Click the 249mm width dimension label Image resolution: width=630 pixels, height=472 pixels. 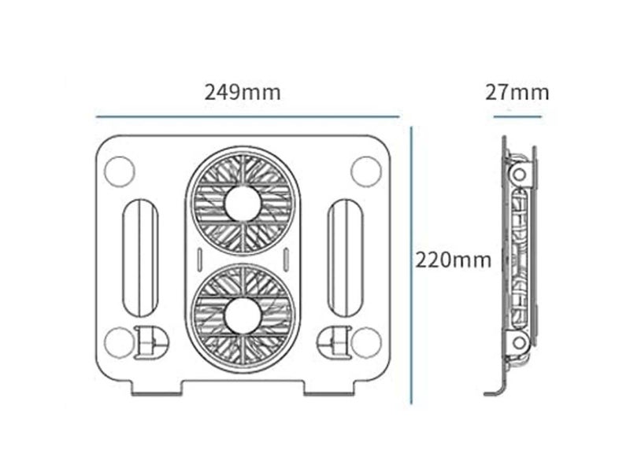243,92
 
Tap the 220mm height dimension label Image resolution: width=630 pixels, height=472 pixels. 454,259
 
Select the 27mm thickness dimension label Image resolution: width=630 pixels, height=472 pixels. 517,92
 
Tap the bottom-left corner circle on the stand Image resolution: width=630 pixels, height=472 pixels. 119,342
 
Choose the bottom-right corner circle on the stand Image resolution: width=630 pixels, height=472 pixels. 365,342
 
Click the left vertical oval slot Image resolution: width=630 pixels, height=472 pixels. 142,257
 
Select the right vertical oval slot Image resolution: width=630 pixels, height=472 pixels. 343,257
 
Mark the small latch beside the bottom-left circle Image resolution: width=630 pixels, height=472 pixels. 150,342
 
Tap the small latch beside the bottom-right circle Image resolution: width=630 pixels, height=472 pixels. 333,342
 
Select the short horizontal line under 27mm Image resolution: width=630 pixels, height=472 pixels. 517,116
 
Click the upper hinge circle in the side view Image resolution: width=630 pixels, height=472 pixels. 519,175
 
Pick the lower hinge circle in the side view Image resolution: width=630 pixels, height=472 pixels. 519,341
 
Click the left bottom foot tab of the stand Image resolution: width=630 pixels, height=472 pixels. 157,386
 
